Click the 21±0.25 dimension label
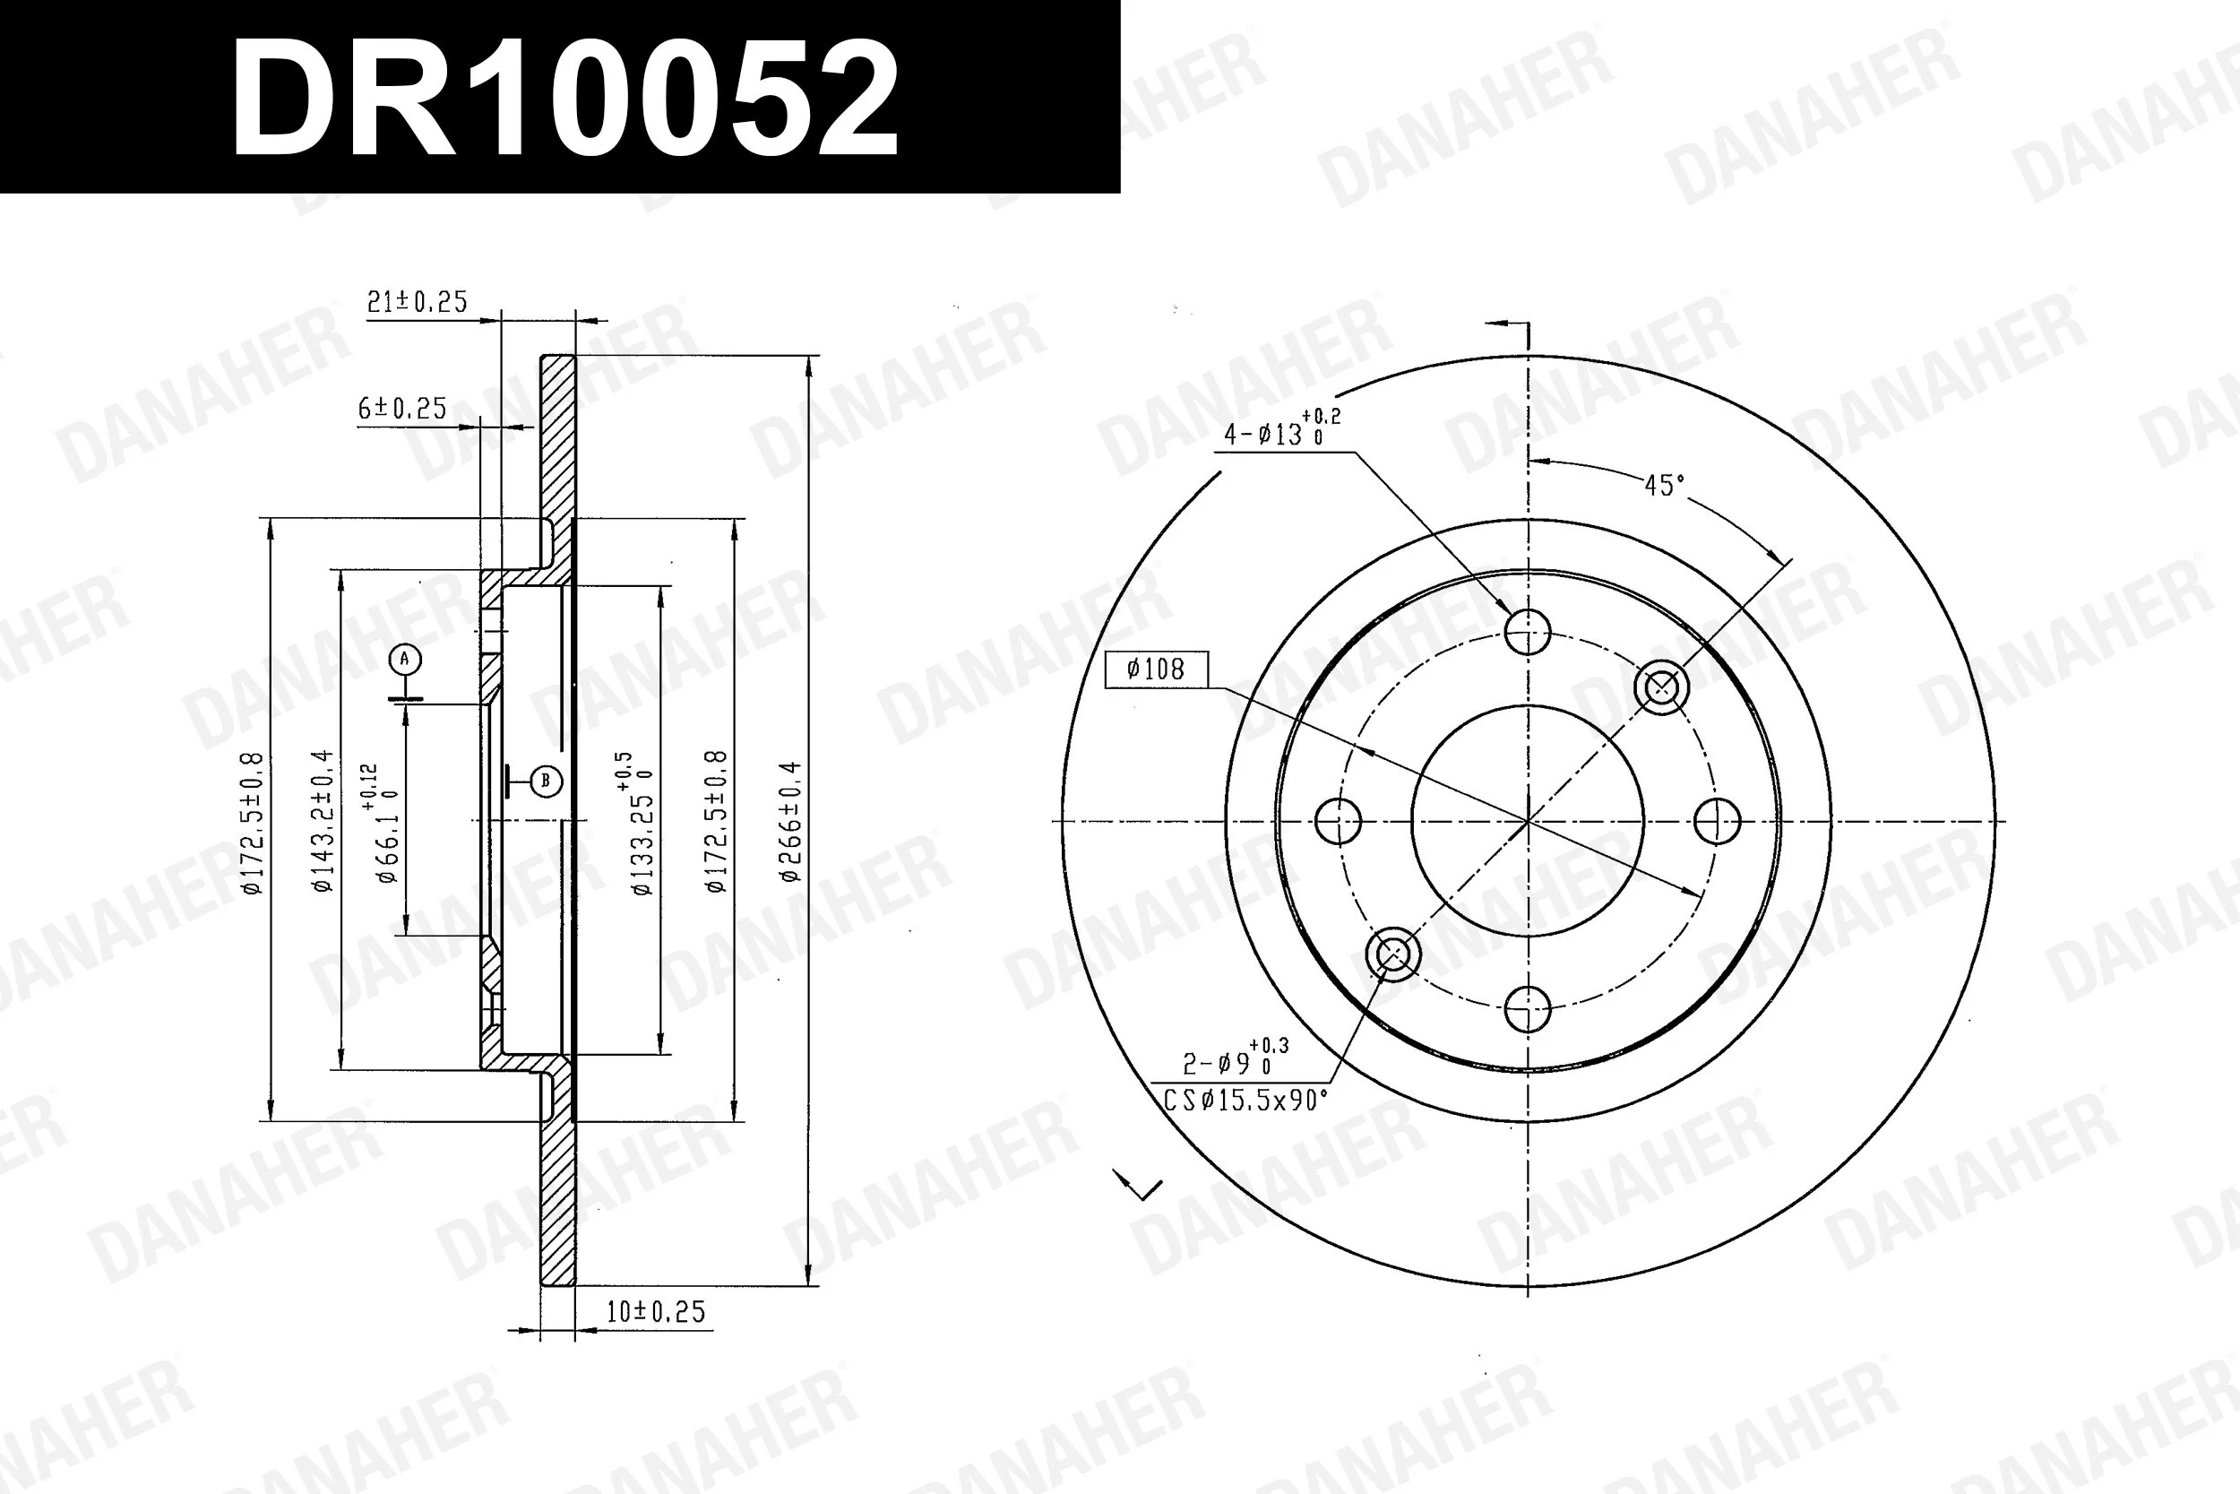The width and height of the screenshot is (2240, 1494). click(418, 302)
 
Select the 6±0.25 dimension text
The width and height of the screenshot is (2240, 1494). click(402, 409)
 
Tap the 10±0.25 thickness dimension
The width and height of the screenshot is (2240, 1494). click(656, 1312)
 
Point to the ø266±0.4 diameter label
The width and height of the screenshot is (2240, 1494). click(790, 821)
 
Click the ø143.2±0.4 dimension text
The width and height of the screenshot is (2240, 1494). click(323, 821)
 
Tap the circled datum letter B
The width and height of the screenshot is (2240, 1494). click(546, 782)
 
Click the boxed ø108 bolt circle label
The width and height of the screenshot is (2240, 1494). click(1155, 669)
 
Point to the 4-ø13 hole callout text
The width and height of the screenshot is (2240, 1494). click(1280, 432)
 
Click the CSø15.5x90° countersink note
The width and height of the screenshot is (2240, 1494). click(1245, 1101)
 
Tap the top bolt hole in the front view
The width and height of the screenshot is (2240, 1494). click(1528, 631)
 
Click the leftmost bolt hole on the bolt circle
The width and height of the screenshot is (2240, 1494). click(1338, 820)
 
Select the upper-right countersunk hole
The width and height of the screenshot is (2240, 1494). click(1661, 686)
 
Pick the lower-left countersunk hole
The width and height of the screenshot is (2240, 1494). click(1392, 954)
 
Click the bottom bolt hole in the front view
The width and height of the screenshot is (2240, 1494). click(1528, 1009)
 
